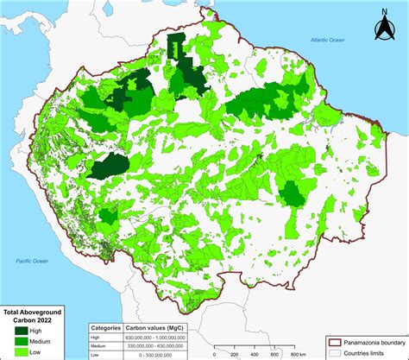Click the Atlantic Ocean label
coord(329,41)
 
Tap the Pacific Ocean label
coord(26,259)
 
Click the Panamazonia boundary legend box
coord(336,342)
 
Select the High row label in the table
coord(98,337)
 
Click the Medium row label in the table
coord(100,345)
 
